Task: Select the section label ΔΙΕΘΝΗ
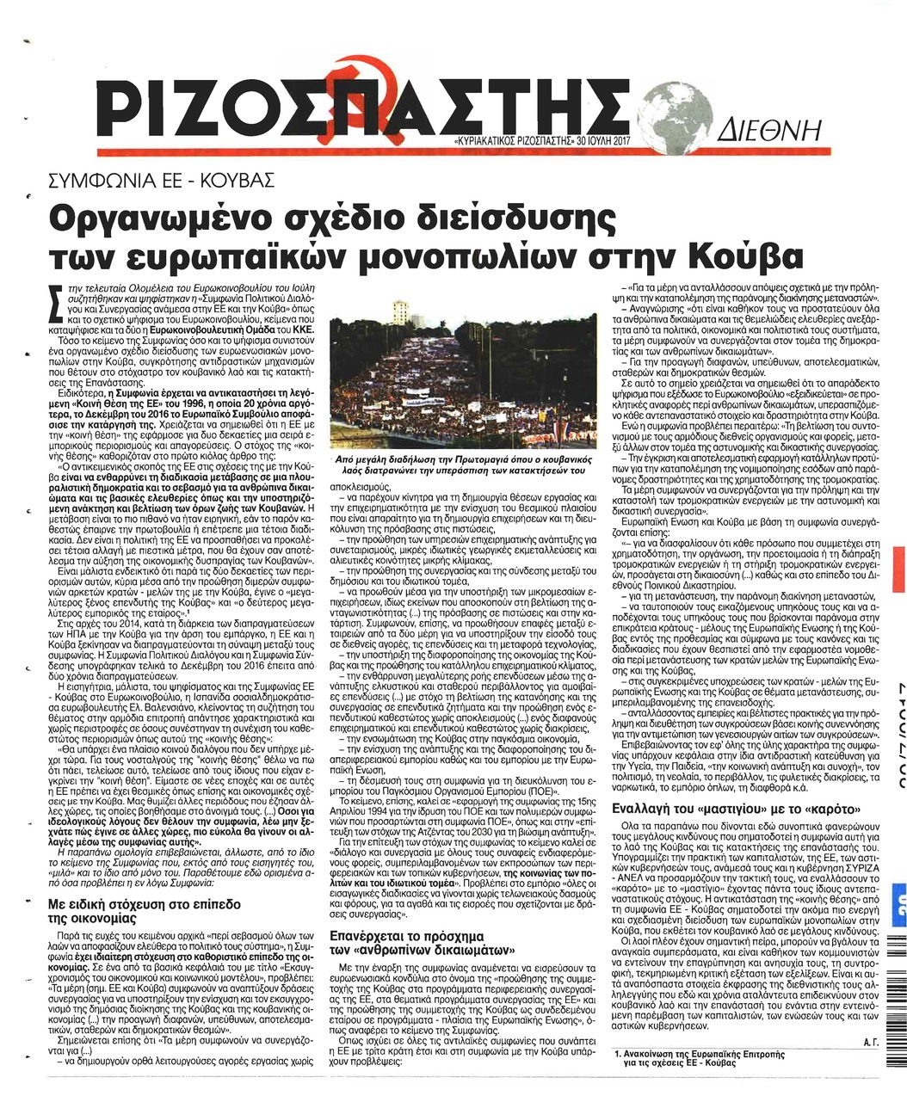point(764,134)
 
